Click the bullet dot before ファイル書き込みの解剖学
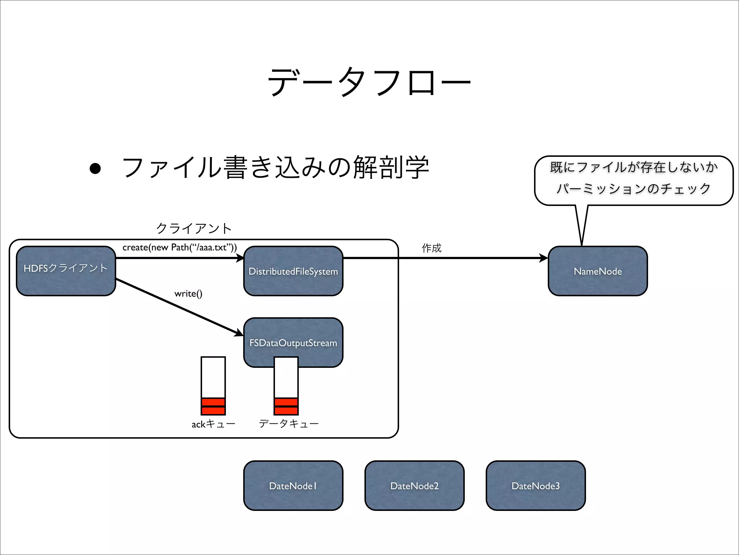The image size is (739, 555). coord(95,168)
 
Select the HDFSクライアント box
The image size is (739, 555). coord(66,271)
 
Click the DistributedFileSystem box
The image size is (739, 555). coord(293,271)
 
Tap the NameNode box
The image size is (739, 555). coord(598,271)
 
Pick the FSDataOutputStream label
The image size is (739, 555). coord(293,343)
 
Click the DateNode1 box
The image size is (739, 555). coord(293,486)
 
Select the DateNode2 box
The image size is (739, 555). coord(414,486)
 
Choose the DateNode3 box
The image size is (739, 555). coord(535,486)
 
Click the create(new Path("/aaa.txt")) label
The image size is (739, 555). coord(180,248)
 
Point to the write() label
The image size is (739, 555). coord(188,293)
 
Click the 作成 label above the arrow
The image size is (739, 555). coord(431,248)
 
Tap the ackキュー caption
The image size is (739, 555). coord(213,424)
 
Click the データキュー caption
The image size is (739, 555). coord(289,423)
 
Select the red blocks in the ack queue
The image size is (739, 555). coord(213,406)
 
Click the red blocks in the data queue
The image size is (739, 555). coord(286,406)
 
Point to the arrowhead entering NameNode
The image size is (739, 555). coord(543,258)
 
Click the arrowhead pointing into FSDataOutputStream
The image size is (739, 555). coord(239,332)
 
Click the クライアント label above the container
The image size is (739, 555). coord(194,228)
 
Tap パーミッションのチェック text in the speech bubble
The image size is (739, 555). coord(633,189)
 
